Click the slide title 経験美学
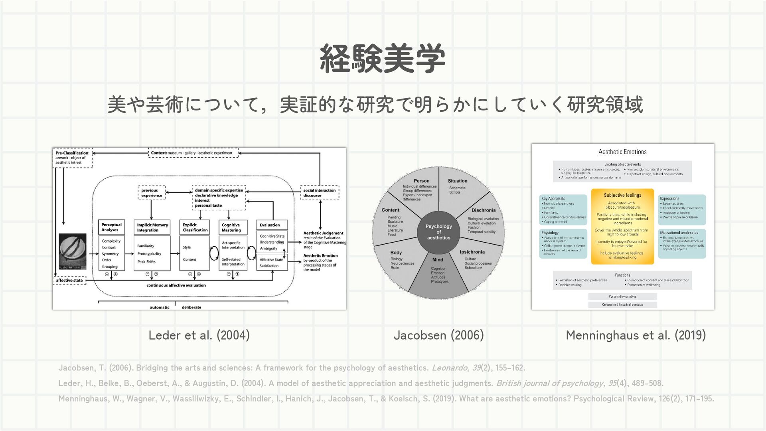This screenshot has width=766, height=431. (382, 59)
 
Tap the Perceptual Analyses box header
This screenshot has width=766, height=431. (111, 227)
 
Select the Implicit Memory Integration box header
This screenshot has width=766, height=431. (153, 227)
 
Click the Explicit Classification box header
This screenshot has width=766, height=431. (195, 227)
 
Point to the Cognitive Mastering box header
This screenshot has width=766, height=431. (233, 227)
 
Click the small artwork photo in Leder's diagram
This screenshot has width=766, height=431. (72, 251)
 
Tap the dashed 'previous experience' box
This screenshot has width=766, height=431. (152, 193)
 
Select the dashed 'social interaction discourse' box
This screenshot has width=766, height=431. (320, 193)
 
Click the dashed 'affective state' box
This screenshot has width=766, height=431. (69, 280)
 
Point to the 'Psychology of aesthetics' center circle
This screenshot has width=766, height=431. (438, 232)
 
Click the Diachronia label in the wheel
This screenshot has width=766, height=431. (484, 210)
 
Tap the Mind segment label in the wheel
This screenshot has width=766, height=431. (438, 260)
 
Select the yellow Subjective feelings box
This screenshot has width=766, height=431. (622, 226)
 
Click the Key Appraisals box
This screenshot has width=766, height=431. (563, 210)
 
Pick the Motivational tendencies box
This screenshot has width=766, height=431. (681, 243)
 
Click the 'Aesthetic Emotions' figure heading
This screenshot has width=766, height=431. (622, 152)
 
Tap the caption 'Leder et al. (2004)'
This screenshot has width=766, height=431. (199, 335)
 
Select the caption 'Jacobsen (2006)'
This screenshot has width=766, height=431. (438, 335)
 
